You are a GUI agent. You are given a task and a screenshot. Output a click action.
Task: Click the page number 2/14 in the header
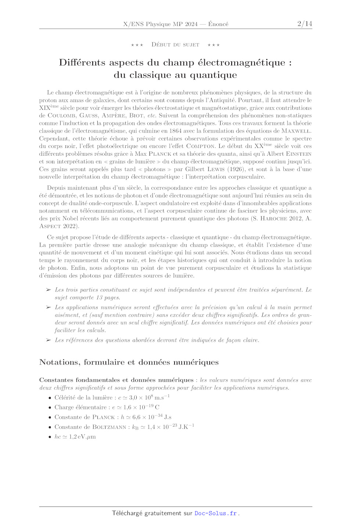305,24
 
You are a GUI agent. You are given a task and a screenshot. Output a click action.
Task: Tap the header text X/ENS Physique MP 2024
161,24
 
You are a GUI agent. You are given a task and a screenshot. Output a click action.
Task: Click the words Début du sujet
175,45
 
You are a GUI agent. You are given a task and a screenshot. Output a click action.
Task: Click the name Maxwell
296,131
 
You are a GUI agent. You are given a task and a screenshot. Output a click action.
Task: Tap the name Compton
201,146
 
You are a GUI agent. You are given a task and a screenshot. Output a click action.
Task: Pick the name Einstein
299,154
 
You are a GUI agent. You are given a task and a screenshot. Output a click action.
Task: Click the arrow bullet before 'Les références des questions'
48,340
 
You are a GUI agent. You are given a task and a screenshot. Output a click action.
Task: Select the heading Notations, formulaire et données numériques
129,362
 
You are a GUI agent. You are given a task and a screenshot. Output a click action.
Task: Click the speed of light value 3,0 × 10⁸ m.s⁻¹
149,398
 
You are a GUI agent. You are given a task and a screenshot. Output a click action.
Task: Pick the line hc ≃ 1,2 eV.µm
75,437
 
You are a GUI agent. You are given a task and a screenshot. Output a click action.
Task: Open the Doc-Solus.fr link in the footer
216,513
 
